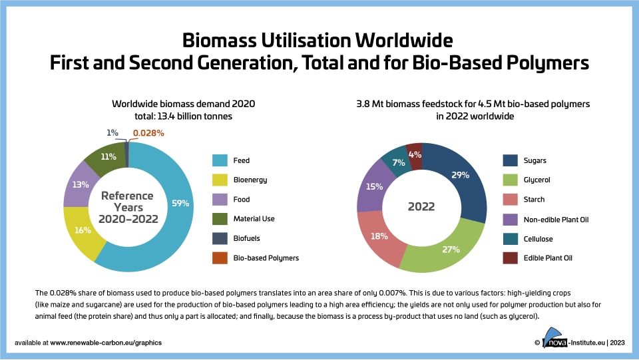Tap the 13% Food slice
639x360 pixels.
pyautogui.click(x=80, y=184)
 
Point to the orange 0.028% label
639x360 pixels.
pyautogui.click(x=148, y=133)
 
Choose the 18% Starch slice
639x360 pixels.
pyautogui.click(x=377, y=235)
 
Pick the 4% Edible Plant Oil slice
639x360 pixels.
pyautogui.click(x=414, y=154)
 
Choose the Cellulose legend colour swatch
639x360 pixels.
pyautogui.click(x=511, y=238)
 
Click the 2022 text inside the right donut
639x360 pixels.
pyautogui.click(x=421, y=207)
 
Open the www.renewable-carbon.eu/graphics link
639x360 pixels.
pyautogui.click(x=106, y=343)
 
